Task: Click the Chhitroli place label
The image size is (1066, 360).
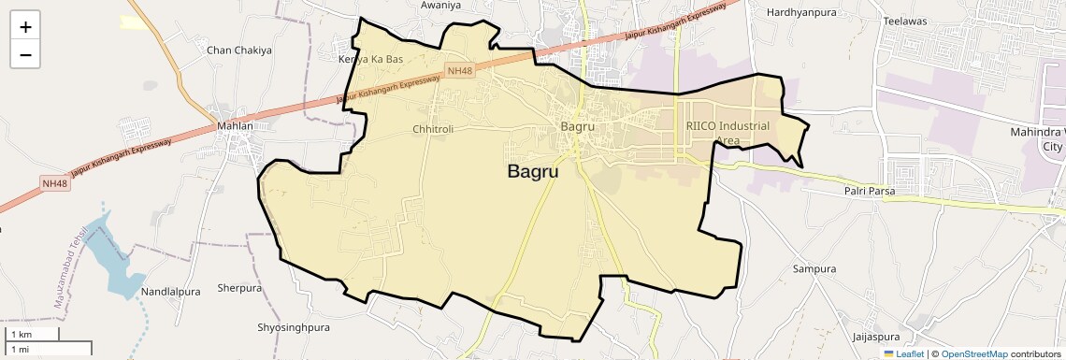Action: pyautogui.click(x=432, y=129)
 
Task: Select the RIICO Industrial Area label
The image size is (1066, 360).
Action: pyautogui.click(x=727, y=133)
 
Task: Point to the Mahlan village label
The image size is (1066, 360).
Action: pyautogui.click(x=235, y=125)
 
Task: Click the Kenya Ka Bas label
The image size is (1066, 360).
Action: pyautogui.click(x=370, y=59)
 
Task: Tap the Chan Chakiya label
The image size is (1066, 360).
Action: pyautogui.click(x=239, y=50)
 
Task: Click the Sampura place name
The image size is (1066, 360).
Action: pyautogui.click(x=814, y=269)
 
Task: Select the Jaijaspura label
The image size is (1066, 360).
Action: pyautogui.click(x=875, y=337)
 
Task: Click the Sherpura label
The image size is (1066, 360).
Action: pyautogui.click(x=239, y=288)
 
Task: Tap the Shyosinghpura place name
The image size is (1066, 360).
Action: pyautogui.click(x=294, y=328)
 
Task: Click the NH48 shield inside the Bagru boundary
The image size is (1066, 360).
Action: pyautogui.click(x=459, y=71)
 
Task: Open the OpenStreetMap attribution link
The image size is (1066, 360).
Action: pyautogui.click(x=974, y=354)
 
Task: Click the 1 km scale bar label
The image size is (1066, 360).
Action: pyautogui.click(x=22, y=335)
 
